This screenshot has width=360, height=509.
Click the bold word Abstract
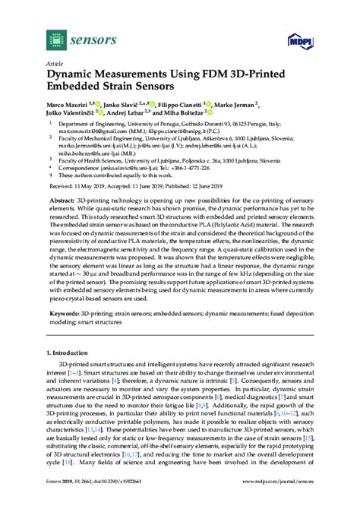62,201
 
